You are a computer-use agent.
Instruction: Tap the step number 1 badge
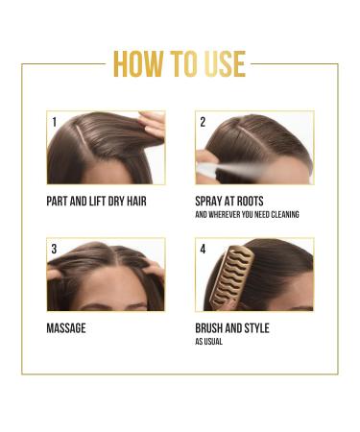55,122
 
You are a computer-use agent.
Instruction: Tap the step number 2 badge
203,122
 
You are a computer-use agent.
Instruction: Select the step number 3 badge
55,249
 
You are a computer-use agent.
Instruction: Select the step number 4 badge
203,249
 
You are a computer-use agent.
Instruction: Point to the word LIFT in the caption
105,202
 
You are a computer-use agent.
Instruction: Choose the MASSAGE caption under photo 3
66,328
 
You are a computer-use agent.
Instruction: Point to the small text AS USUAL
209,341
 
